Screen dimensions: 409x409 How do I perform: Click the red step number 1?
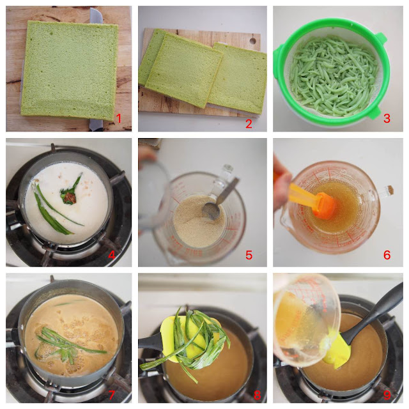[119, 119]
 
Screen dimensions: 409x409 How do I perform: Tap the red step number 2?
[249, 123]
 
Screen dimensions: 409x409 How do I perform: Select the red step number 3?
[387, 118]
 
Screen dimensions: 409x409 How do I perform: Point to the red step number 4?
[111, 254]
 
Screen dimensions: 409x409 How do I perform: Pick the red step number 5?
[249, 255]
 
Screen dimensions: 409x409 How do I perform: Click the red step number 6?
[387, 254]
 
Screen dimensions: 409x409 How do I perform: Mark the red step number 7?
[112, 395]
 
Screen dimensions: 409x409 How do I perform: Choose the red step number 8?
[257, 395]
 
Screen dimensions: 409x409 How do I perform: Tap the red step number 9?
[387, 395]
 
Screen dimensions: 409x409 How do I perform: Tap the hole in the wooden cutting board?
[252, 41]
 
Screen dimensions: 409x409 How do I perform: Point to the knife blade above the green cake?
[96, 16]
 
